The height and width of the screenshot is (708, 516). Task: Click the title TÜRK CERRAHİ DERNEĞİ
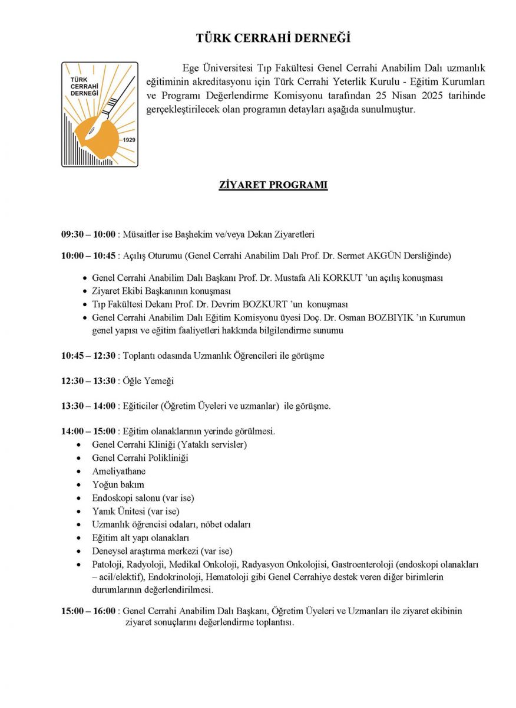[x=273, y=39]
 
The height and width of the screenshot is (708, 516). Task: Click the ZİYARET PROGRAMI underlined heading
[x=273, y=185]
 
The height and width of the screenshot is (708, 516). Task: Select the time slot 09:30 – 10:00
[x=88, y=234]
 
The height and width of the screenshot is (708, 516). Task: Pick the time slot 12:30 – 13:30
[x=88, y=381]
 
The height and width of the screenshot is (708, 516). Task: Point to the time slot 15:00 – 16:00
[x=88, y=611]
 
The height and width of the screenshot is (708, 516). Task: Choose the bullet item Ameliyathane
[x=119, y=471]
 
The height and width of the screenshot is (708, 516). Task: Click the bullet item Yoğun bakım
[x=118, y=484]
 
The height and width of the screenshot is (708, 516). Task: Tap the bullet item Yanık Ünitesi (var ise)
[x=135, y=511]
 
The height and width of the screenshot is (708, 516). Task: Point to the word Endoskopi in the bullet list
[x=112, y=498]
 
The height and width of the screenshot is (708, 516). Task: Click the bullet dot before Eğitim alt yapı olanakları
[x=79, y=538]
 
